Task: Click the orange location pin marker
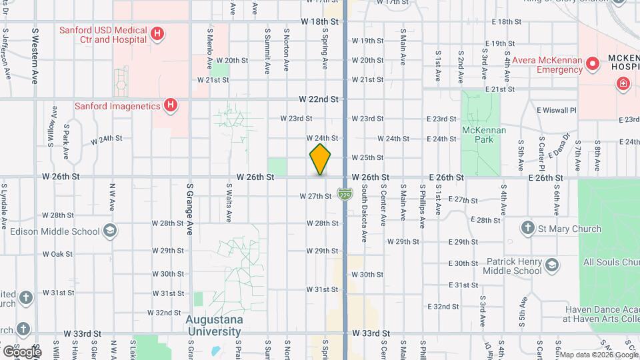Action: tap(321, 159)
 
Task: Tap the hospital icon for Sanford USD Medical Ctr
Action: tap(157, 34)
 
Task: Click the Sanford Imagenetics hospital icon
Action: tap(171, 105)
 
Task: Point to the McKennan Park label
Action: tap(483, 135)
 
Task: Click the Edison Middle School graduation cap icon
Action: tap(109, 231)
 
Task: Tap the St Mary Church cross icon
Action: tap(527, 229)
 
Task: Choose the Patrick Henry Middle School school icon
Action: tap(551, 266)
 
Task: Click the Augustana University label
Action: tap(213, 325)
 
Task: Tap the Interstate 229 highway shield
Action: tap(345, 194)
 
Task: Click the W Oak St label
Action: tap(57, 254)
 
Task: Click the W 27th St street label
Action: tap(315, 196)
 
